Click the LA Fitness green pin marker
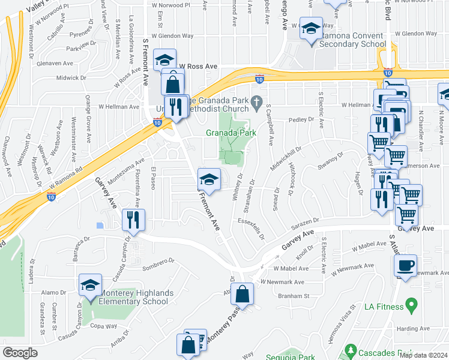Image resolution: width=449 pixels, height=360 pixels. coord(411,306)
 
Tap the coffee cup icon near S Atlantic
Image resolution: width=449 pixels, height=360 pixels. coord(406,265)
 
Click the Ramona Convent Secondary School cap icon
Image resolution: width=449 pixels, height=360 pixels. coord(312,28)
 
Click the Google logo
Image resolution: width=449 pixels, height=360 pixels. coord(20,352)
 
